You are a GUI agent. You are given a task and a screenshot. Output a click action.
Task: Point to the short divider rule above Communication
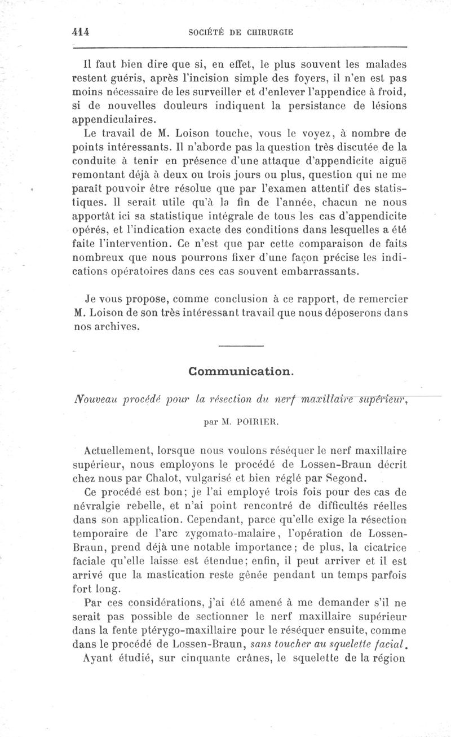241,345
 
